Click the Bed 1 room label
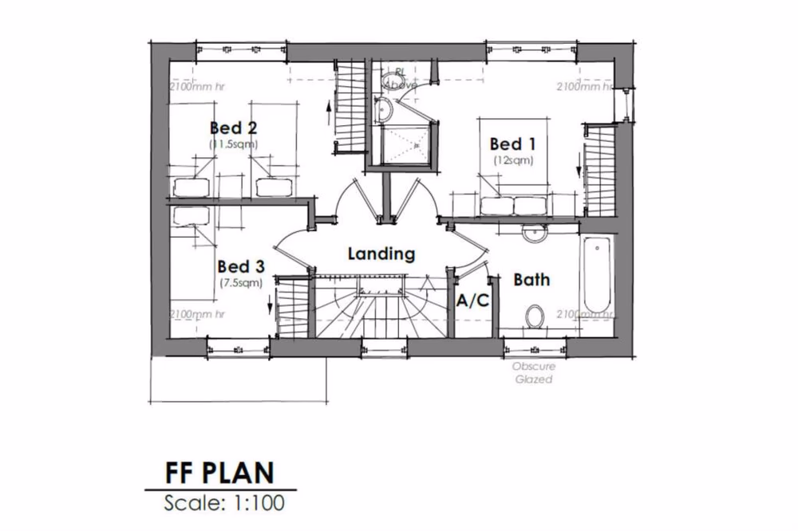[512, 144]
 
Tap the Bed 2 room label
[233, 128]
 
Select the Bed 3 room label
[241, 266]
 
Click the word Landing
[381, 254]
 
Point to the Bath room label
[531, 280]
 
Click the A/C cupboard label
[472, 301]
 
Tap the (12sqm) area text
[512, 159]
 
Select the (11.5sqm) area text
[233, 144]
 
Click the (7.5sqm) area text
[241, 283]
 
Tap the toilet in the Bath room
[536, 316]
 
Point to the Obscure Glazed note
[533, 374]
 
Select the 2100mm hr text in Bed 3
[198, 313]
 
